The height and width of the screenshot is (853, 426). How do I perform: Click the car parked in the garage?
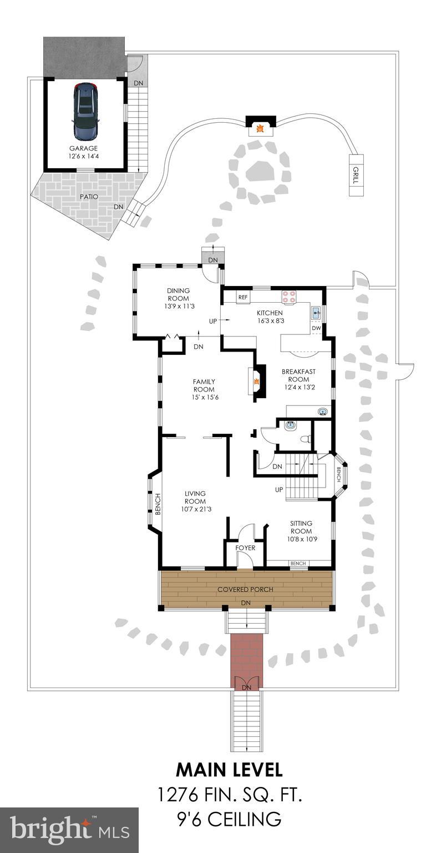point(85,112)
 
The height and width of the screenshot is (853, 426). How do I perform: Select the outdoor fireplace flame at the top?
point(259,130)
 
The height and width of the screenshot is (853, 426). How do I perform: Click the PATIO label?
point(84,197)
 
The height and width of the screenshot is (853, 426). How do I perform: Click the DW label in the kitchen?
point(316,328)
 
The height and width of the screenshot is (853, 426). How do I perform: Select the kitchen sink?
point(316,313)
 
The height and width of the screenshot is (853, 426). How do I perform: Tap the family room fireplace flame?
point(257,382)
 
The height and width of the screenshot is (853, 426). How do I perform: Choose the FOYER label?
point(245,548)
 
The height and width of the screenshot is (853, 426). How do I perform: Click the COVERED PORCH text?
point(245,589)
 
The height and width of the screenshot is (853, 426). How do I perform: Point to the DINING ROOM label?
point(179,294)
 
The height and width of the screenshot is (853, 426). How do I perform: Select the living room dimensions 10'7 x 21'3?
point(195,509)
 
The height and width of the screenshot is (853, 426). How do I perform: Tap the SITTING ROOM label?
point(301,527)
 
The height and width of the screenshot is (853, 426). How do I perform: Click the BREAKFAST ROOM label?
point(298,375)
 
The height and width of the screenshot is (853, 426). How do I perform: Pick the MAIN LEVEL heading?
point(229,770)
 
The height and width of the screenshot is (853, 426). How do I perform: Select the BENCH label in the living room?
point(158,504)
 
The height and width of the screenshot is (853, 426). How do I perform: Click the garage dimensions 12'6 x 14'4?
point(83,157)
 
